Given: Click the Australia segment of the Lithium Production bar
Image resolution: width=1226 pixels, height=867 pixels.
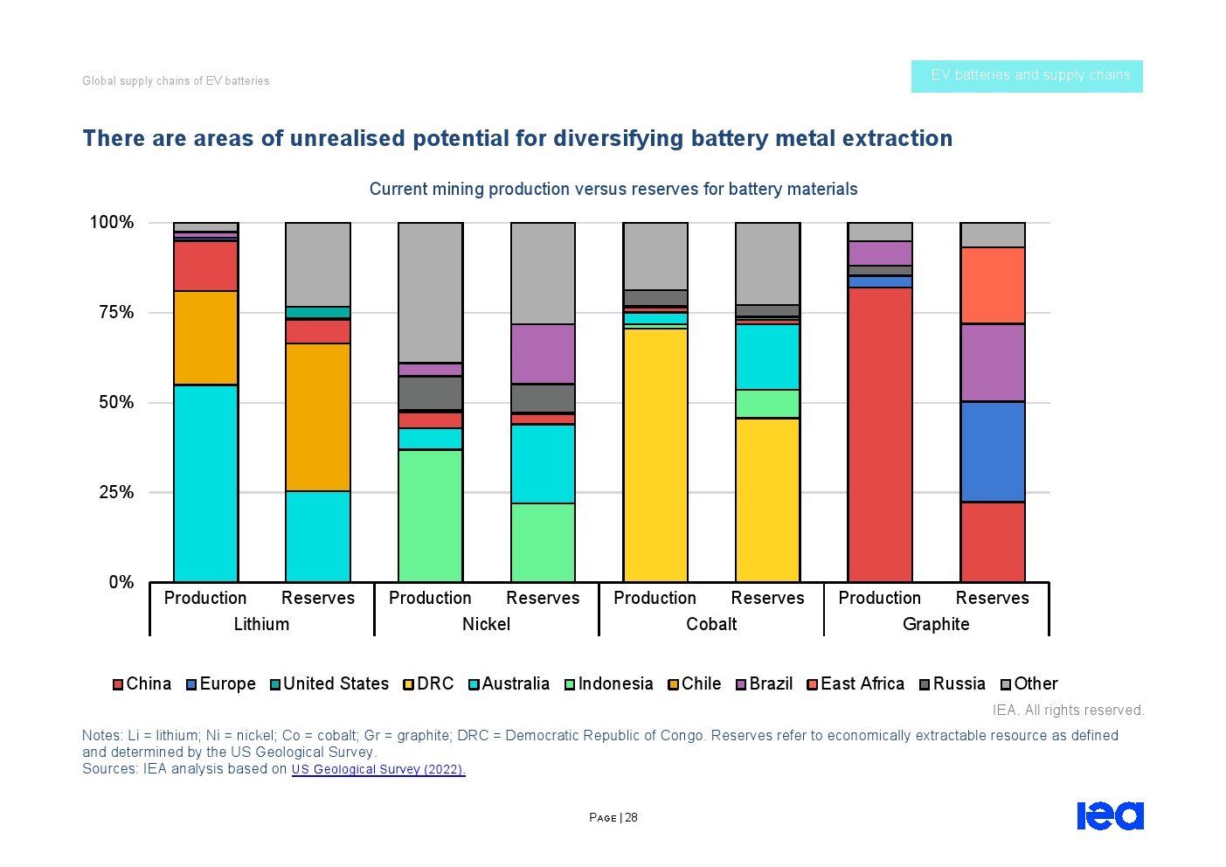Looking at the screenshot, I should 205,482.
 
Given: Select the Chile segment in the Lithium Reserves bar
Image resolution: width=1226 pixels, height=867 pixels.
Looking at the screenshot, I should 318,417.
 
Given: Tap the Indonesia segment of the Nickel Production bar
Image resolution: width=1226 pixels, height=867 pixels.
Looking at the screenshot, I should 430,516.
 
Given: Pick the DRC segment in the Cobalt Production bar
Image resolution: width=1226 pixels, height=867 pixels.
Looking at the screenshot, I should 655,454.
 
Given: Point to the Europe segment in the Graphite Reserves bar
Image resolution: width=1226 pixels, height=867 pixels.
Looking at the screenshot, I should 992,452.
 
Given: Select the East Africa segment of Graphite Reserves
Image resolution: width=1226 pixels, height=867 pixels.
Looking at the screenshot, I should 992,286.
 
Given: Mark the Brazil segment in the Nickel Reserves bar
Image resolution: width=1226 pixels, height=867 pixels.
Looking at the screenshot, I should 543,354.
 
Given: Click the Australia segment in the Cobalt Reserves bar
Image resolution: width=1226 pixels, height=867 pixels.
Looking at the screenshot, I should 767,357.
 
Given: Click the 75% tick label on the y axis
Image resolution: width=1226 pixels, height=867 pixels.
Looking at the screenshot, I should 115,313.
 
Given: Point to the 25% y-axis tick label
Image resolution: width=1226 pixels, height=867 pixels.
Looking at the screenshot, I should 115,492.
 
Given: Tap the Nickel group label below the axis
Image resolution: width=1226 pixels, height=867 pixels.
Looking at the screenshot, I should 486,624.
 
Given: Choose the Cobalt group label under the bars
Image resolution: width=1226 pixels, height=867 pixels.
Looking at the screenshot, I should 711,624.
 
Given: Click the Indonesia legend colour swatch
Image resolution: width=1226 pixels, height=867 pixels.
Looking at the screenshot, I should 570,684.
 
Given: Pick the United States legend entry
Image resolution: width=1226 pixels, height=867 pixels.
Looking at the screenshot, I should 329,683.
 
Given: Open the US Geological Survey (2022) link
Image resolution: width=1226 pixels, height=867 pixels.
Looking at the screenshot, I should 378,769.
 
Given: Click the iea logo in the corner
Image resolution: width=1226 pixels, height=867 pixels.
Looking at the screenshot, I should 1110,815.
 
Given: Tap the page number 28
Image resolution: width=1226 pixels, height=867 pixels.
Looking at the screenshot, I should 631,818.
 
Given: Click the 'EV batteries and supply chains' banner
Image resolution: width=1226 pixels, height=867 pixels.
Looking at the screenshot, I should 1027,76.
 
